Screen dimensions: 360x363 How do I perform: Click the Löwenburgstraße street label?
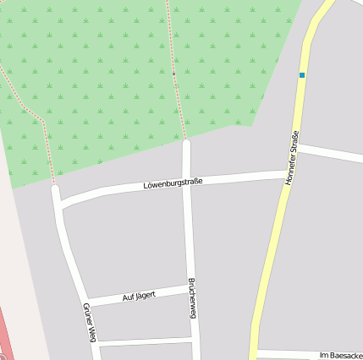point(173,182)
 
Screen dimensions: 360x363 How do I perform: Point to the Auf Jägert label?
point(139,296)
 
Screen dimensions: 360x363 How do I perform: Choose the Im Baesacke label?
point(341,355)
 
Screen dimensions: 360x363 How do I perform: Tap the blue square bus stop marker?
point(301,75)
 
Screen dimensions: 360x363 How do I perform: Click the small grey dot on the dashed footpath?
point(174,74)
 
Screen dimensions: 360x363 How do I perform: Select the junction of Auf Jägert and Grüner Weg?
point(85,302)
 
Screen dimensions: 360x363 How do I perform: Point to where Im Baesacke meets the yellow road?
point(256,352)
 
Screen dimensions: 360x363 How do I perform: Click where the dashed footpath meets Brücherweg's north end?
point(186,140)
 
